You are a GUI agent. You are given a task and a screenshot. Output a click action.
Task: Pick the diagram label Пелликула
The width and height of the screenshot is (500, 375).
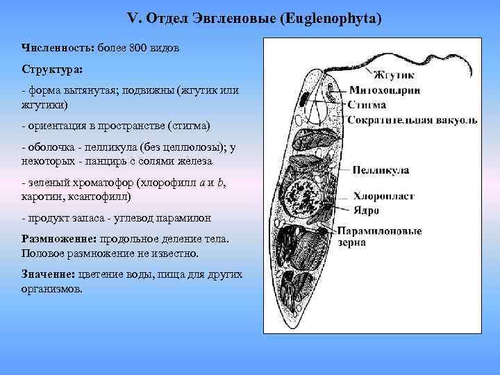(380, 170)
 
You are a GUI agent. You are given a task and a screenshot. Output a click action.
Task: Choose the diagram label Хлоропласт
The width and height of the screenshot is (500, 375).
(383, 197)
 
